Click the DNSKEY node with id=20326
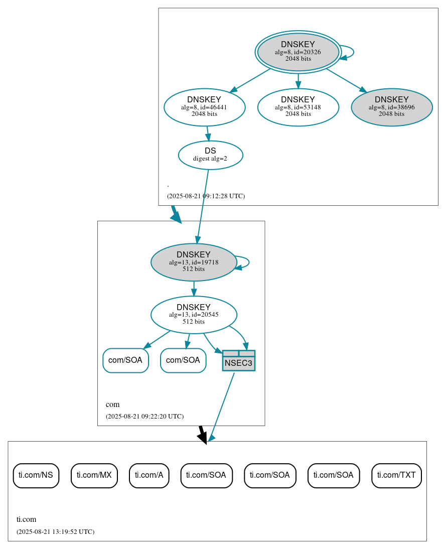coord(298,52)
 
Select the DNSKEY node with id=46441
coord(204,107)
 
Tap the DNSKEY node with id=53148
coord(298,107)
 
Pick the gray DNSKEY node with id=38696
coord(391,107)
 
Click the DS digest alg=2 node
coord(210,155)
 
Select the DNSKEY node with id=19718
coord(194,262)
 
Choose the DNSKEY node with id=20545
coord(194,315)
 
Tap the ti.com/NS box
coord(36,475)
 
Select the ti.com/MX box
coord(94,475)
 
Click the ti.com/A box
coord(149,475)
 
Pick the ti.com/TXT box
coord(396,475)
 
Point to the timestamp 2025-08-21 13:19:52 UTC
coord(55,531)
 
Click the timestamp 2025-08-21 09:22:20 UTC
coord(144,417)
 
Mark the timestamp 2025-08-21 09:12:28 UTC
coord(206,196)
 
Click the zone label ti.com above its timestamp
coord(27,519)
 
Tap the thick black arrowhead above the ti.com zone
coord(202,438)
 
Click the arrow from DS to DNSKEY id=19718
coord(203,206)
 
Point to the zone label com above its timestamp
coord(112,404)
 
